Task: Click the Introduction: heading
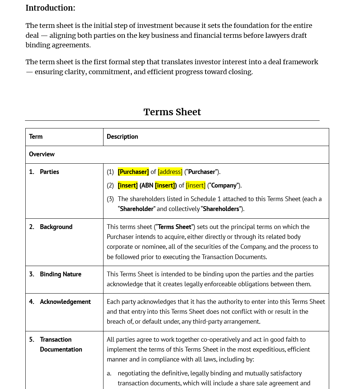click(50, 8)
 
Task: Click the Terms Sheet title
click(172, 112)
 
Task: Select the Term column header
click(36, 137)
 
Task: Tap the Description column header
click(122, 137)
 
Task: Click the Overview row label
click(42, 154)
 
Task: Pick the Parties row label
click(49, 172)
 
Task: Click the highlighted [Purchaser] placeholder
click(133, 172)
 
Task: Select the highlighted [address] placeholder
click(170, 172)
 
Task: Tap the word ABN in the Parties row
click(147, 185)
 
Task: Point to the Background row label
click(56, 227)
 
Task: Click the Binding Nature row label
click(61, 274)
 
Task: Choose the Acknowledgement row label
click(65, 302)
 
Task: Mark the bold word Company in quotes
click(224, 185)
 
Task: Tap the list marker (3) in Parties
click(110, 199)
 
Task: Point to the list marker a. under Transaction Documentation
click(109, 373)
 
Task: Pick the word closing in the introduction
click(239, 72)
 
